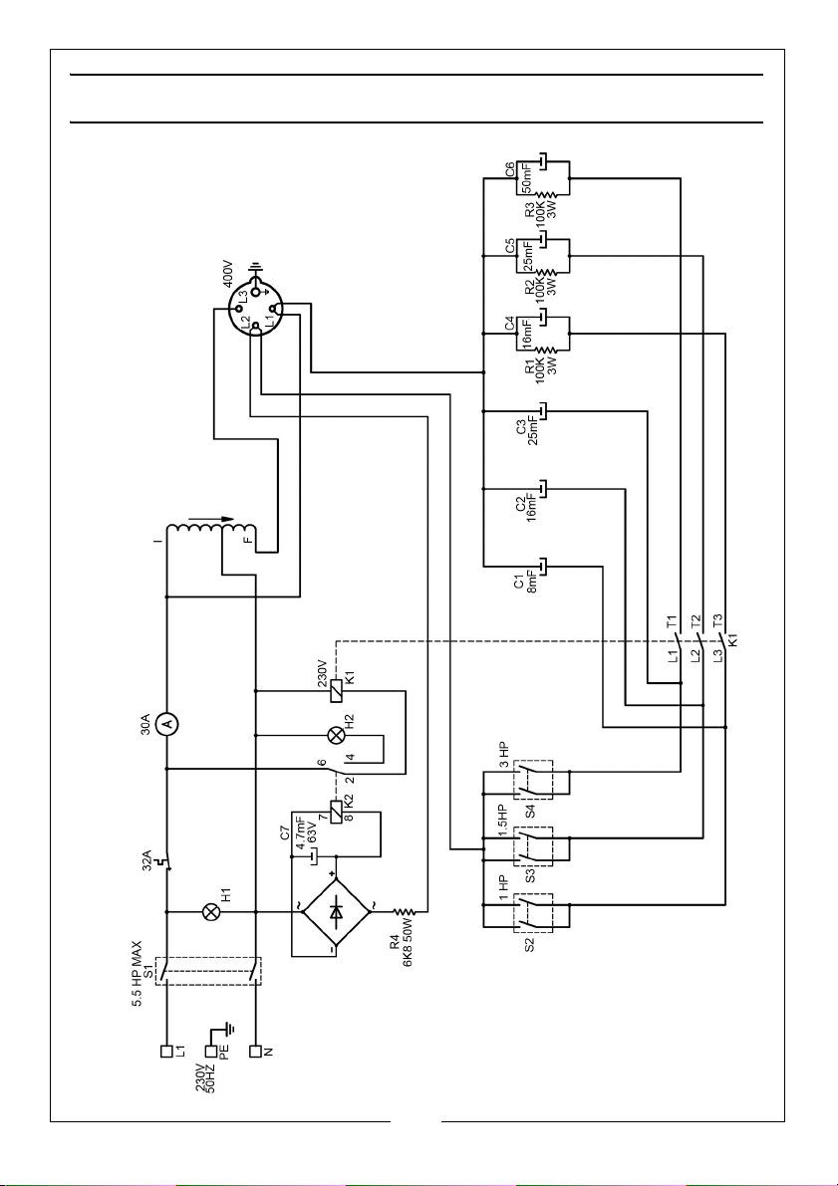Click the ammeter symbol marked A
[x=166, y=725]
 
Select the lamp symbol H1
[x=211, y=912]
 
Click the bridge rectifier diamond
[x=336, y=912]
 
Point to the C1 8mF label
[x=525, y=583]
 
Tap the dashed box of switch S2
[x=534, y=912]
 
